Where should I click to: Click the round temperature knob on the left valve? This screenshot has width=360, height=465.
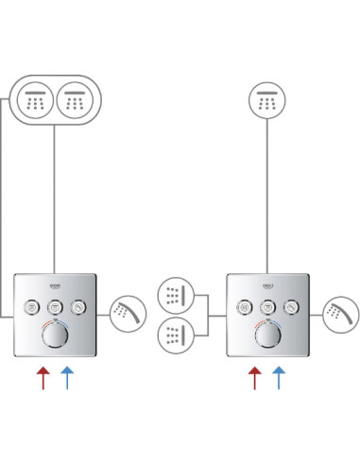click(55, 336)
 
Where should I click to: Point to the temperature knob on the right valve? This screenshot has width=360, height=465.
click(268, 336)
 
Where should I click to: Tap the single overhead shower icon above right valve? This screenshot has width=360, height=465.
click(267, 100)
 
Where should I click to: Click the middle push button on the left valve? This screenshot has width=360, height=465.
click(55, 307)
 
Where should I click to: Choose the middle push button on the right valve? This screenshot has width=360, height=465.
click(268, 307)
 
